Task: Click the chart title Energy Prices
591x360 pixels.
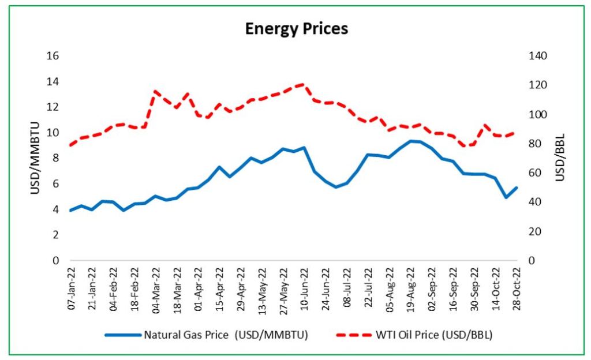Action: (296, 28)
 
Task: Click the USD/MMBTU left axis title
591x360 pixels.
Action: (35, 157)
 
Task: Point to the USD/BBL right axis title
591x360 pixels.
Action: (559, 157)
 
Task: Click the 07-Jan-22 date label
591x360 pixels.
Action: (72, 287)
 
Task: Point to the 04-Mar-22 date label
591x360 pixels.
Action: (156, 287)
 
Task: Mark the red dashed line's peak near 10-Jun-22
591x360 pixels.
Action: (304, 84)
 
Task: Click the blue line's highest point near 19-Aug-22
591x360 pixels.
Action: (410, 141)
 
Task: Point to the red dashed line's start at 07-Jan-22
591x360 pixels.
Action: (71, 145)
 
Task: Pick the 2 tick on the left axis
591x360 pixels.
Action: (57, 235)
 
